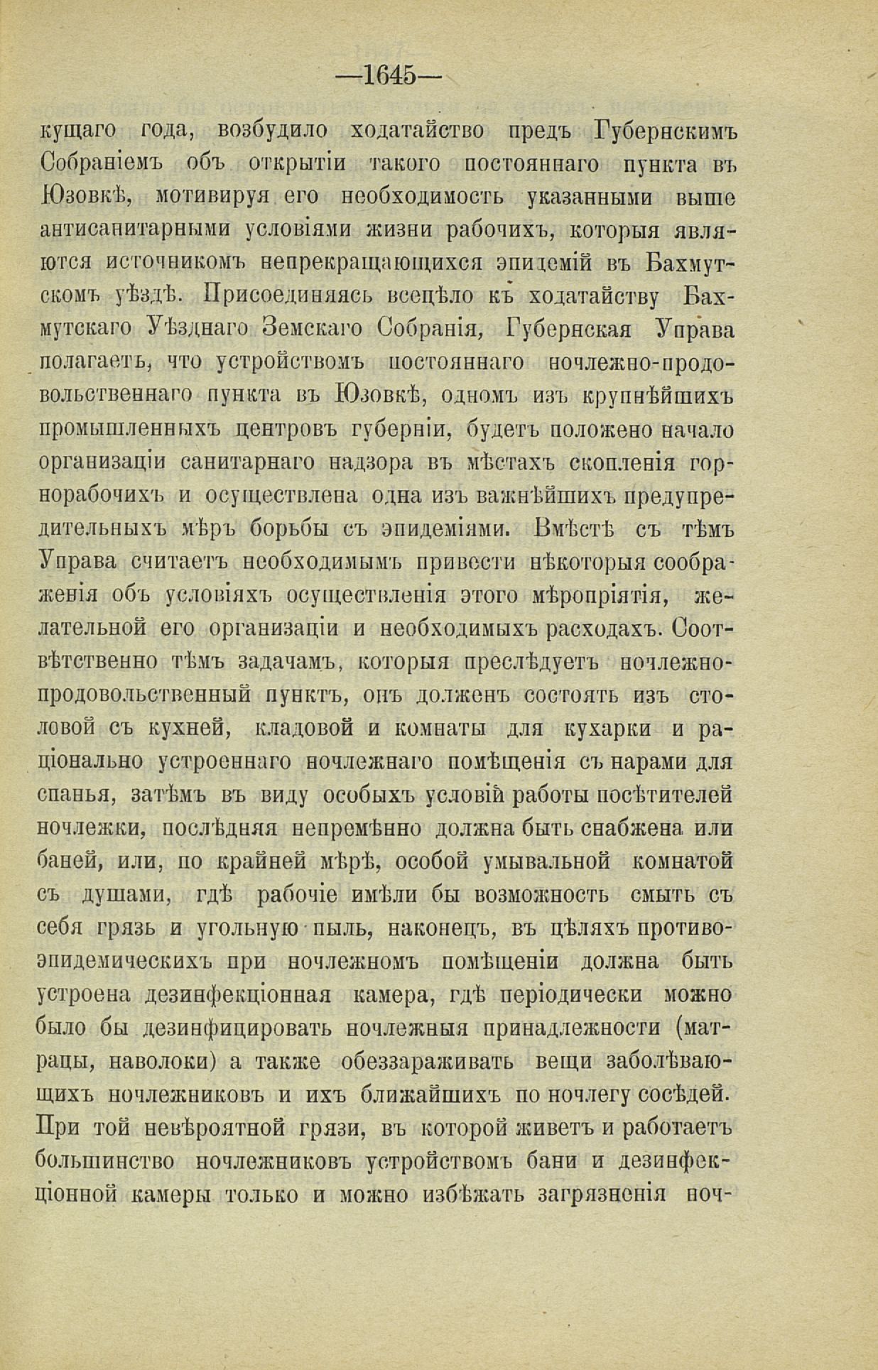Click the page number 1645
point(388,75)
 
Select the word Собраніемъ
point(100,165)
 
